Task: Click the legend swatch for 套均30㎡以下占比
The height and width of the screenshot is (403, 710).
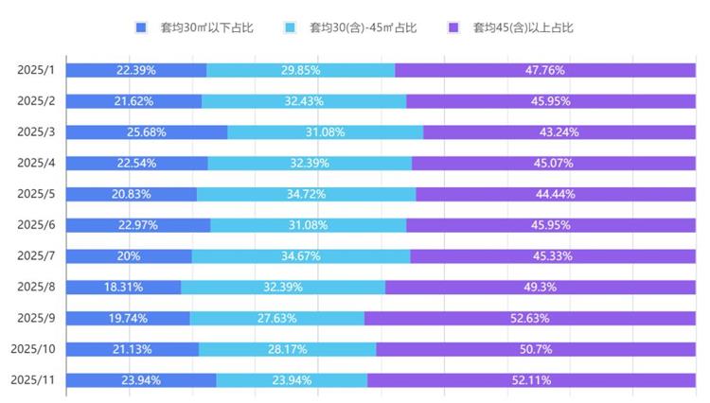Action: (x=141, y=27)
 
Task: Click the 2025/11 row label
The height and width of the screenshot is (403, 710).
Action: (x=34, y=380)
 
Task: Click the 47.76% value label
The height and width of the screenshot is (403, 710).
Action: (x=544, y=70)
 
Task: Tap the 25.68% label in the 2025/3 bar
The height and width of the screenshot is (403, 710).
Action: (x=147, y=132)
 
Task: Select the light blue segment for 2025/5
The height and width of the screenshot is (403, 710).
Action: (x=306, y=194)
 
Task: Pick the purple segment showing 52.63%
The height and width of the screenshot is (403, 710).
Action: (x=530, y=318)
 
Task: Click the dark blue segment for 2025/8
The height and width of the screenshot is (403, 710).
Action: (x=123, y=287)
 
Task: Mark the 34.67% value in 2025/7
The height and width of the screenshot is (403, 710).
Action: (x=301, y=256)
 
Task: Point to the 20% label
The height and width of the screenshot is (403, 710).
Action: (x=129, y=256)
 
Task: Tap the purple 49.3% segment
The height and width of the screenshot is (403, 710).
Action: (x=540, y=287)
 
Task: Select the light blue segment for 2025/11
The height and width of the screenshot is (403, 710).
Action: (x=292, y=380)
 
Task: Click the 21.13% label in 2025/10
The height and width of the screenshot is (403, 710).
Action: (x=133, y=349)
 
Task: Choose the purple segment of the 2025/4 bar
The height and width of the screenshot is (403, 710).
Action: (x=554, y=163)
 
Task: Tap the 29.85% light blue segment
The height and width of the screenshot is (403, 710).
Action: (x=300, y=70)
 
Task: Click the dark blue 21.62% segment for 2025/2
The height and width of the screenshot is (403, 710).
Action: (x=133, y=101)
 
